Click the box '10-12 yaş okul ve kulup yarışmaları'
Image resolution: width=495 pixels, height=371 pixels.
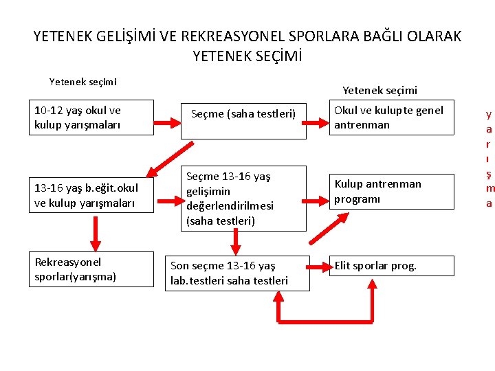point(90,117)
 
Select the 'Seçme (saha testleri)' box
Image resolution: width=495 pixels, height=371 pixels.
point(243,120)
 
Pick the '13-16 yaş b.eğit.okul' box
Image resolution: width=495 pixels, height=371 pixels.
point(90,195)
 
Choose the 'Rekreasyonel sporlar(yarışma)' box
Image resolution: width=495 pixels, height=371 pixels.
point(90,269)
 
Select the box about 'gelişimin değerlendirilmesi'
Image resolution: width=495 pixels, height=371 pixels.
point(243,198)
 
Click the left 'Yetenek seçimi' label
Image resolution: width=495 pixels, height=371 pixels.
point(83,82)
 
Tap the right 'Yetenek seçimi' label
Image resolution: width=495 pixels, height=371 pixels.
point(379,90)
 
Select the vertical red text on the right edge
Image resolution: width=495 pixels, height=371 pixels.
point(489,159)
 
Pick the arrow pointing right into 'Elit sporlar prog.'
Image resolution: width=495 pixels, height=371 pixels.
point(318,266)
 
